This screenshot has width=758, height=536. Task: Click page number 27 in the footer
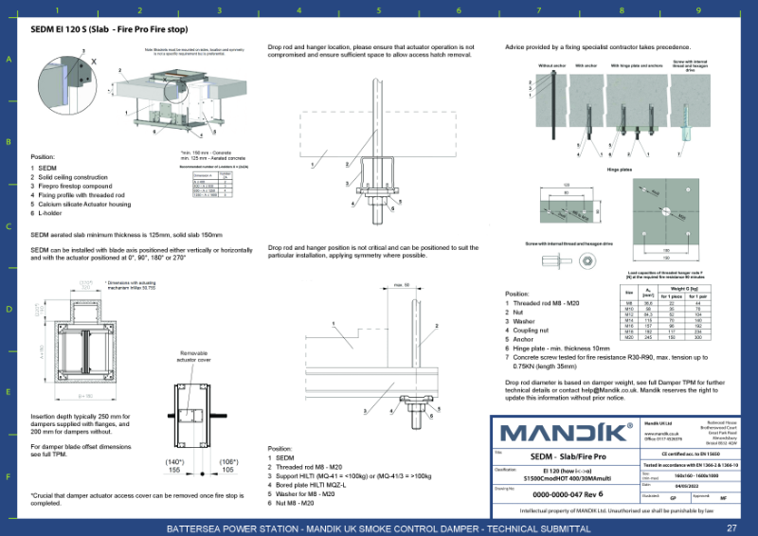pyautogui.click(x=731, y=527)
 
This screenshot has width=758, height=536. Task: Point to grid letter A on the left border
pyautogui.click(x=9, y=59)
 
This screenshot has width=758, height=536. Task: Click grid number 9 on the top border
pyautogui.click(x=697, y=11)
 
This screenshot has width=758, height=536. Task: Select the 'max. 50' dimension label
pyautogui.click(x=399, y=284)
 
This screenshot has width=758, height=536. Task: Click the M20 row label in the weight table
pyautogui.click(x=630, y=336)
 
